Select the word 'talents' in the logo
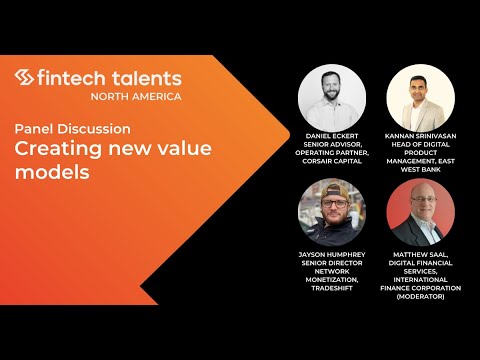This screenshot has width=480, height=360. (146, 78)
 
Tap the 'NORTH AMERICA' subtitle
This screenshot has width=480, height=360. (136, 97)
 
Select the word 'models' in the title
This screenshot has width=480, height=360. (49, 172)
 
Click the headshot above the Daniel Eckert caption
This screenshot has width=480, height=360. (331, 99)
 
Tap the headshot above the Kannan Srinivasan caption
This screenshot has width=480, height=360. (420, 99)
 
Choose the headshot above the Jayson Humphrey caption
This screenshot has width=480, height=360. (331, 214)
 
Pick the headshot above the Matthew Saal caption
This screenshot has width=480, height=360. (420, 214)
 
